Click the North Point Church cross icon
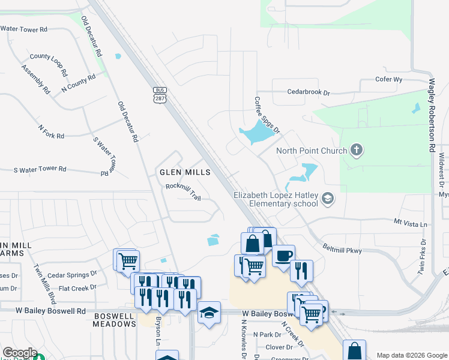pos(357,149)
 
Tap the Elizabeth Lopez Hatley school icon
pos(328,197)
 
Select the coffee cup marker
pos(283,255)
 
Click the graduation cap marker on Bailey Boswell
pos(209,313)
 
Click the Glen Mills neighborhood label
pos(185,172)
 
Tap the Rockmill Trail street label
pos(183,191)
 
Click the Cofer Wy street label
pos(388,79)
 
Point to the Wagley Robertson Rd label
pos(431,116)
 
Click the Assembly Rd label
pos(36,79)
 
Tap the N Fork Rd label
pos(51,132)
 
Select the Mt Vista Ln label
pos(411,224)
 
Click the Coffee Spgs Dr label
pos(267,115)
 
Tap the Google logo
pos(20,353)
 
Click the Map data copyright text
pos(412,355)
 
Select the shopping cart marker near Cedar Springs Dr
pos(128,261)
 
